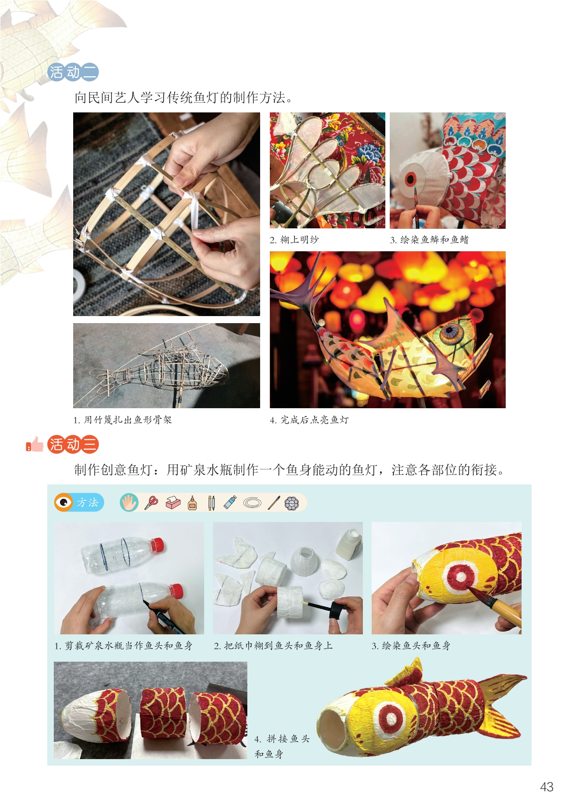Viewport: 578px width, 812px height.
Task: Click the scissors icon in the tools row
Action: point(151,503)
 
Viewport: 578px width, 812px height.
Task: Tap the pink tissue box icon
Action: point(173,503)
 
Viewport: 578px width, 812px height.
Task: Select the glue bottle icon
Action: point(192,503)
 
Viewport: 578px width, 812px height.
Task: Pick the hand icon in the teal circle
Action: point(129,503)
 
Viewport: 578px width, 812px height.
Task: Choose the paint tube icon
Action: point(230,503)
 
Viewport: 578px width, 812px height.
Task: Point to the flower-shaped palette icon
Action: point(292,503)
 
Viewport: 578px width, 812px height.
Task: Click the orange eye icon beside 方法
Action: point(64,503)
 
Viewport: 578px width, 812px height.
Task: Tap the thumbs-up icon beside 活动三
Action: point(35,444)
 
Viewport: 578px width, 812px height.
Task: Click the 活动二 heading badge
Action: point(73,72)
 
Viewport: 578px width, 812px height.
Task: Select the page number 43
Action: point(547,787)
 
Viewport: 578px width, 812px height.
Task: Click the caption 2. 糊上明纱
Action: point(294,240)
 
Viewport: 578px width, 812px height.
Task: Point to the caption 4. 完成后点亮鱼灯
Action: point(309,420)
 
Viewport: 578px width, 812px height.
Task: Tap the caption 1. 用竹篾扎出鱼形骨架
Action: point(122,420)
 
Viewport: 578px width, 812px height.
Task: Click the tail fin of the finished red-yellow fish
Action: point(501,705)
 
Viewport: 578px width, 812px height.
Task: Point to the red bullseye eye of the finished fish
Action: point(391,718)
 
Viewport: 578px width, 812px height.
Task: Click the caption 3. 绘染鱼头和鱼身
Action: point(411,646)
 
